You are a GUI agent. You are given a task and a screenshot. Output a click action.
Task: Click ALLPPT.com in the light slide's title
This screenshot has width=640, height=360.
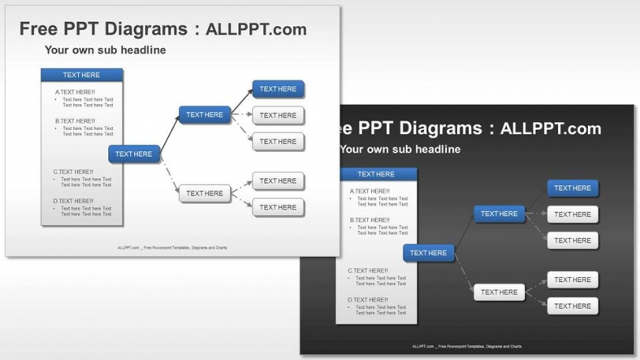coord(256,29)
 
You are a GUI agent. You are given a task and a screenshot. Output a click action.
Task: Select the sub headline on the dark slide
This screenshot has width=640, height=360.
coord(400,150)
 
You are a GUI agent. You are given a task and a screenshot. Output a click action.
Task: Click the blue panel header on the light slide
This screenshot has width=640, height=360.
coord(81,75)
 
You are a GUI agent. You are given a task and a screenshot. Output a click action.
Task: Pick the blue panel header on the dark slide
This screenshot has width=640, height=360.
coord(376,174)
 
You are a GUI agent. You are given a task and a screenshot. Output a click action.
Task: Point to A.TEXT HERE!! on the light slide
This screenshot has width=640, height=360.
coord(75,93)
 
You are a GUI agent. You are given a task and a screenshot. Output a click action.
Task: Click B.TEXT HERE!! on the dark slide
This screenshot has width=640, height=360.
coord(370,220)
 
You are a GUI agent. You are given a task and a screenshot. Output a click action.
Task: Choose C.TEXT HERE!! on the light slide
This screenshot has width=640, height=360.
coord(73,172)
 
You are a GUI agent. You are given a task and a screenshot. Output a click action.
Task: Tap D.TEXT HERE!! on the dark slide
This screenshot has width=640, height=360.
coord(368,301)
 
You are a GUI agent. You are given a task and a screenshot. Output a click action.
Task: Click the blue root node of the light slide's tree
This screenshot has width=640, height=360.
coord(134,154)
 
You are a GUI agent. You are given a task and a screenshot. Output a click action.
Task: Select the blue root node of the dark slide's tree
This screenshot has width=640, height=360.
coord(429,253)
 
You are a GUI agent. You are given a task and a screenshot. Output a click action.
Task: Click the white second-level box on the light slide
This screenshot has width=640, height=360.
coord(205,193)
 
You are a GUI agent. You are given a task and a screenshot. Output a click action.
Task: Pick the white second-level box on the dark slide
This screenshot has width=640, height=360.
coord(499,293)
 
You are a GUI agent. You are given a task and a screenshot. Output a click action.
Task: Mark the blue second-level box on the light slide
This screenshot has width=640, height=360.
coord(205,115)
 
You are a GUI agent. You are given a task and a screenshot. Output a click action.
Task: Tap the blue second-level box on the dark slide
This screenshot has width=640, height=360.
coord(499,214)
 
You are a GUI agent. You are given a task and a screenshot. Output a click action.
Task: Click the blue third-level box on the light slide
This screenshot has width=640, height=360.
coord(278,89)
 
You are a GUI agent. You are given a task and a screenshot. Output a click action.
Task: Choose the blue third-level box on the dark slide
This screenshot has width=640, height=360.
coord(573,189)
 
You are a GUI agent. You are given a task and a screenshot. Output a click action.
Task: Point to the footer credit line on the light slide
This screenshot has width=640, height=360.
coord(172,248)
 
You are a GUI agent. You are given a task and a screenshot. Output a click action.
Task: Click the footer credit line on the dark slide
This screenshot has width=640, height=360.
coord(467,347)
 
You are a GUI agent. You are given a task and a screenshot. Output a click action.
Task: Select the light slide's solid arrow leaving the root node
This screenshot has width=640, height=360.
coord(170,135)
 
